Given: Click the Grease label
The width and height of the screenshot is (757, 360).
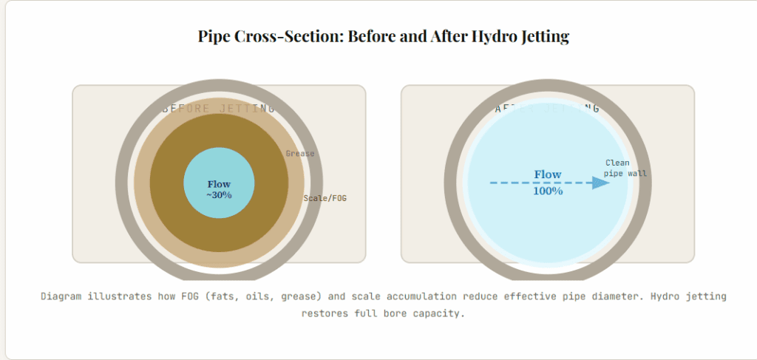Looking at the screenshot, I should [299, 154].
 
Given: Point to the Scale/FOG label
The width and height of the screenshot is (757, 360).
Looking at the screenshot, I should [325, 198].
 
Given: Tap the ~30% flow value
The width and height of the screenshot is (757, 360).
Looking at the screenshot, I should [219, 195].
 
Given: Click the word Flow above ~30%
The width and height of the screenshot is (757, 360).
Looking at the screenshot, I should [219, 184].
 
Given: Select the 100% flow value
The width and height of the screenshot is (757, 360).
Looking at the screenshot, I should [548, 191].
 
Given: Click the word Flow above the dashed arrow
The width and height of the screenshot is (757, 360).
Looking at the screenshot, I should [548, 174].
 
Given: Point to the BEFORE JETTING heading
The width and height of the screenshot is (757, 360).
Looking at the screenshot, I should [219, 109].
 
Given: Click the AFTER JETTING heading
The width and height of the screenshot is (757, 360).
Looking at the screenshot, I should [547, 109].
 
